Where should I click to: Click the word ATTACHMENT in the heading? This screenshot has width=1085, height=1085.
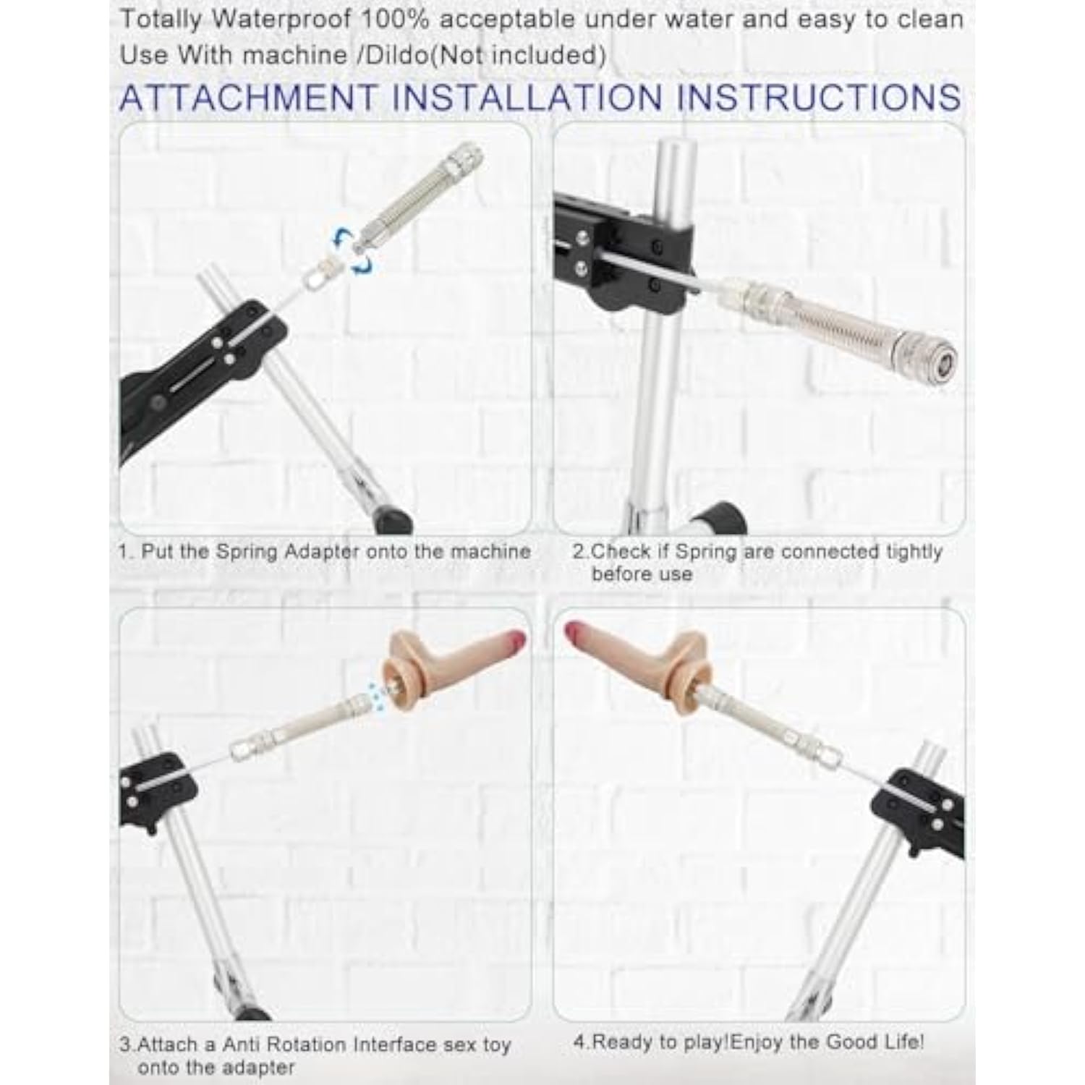tap(250, 98)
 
